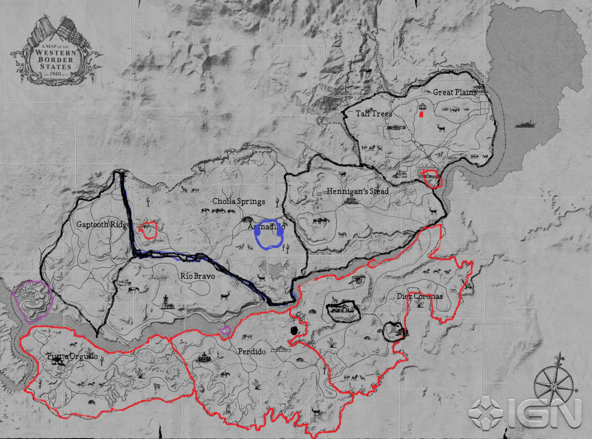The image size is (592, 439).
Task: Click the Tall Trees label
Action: (374, 113)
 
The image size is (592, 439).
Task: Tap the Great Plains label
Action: (455, 92)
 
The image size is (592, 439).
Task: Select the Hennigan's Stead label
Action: (358, 192)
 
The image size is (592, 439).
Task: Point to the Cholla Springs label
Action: (239, 202)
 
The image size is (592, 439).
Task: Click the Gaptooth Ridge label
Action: (102, 224)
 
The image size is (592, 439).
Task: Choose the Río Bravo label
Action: (198, 276)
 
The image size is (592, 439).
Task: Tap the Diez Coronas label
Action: (420, 296)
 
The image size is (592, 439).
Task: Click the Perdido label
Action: (252, 352)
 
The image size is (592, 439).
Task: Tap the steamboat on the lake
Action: (525, 124)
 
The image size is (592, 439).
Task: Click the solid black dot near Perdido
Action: (294, 330)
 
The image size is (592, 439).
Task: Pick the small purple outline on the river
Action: (225, 330)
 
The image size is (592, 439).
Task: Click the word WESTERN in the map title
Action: (56, 53)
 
